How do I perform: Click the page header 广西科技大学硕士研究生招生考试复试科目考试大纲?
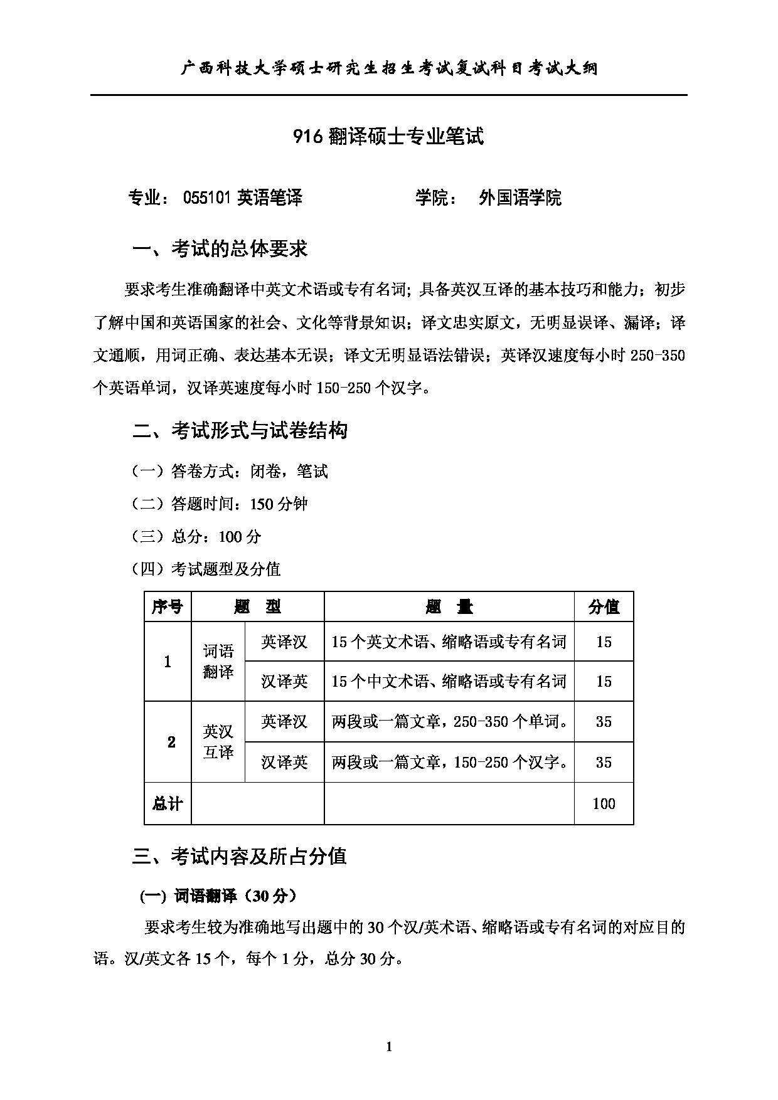click(x=388, y=68)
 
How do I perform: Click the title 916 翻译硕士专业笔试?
click(x=388, y=136)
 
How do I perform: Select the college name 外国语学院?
click(x=520, y=198)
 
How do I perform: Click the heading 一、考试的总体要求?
click(x=220, y=249)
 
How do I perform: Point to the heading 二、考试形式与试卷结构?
click(x=240, y=431)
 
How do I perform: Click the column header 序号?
click(x=168, y=607)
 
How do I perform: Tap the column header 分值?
click(x=604, y=607)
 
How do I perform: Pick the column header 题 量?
click(x=449, y=607)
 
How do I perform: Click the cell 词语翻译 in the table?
click(x=218, y=662)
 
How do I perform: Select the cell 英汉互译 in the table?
click(x=218, y=742)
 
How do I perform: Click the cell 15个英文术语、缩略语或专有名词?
click(x=449, y=642)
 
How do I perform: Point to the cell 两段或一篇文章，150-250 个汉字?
click(x=450, y=762)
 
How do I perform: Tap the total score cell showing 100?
click(x=604, y=803)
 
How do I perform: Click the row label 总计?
click(x=168, y=803)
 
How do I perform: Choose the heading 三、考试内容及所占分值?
click(x=240, y=857)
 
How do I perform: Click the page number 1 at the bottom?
click(x=389, y=1046)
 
